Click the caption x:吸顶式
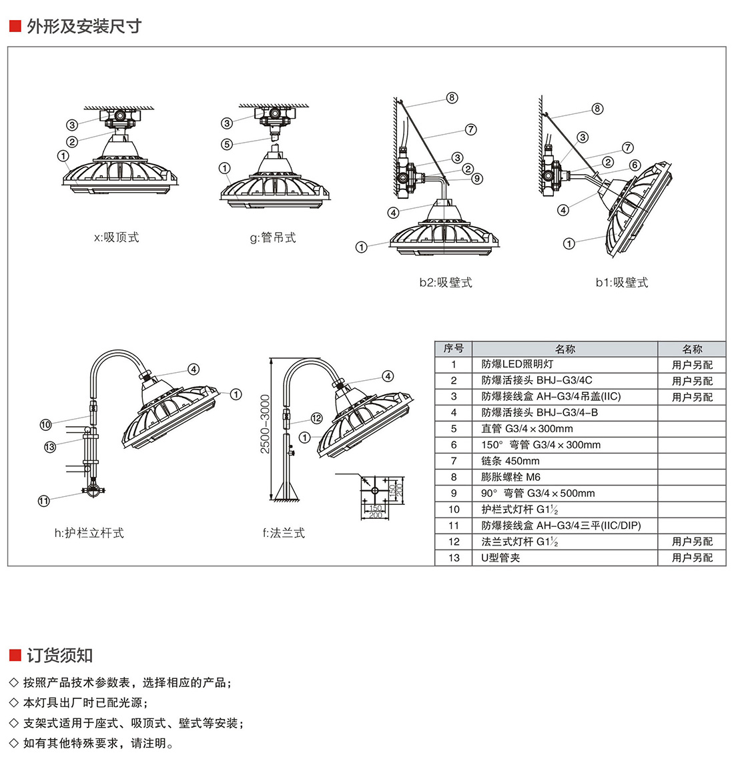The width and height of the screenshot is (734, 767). coord(117,237)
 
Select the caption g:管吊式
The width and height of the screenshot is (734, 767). coord(273,237)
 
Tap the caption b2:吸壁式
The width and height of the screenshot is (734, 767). coord(445,282)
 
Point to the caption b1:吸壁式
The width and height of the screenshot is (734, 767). coord(621,282)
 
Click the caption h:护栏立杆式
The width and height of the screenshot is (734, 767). coord(89,533)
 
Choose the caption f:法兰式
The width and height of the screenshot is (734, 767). coord(284,533)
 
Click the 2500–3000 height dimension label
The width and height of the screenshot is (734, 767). coord(265,424)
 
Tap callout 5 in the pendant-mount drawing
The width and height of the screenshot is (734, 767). coord(227,144)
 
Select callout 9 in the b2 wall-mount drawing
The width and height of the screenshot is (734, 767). coord(476,179)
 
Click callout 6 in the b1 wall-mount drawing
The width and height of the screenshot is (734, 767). coord(635,165)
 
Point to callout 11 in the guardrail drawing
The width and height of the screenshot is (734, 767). coord(43,500)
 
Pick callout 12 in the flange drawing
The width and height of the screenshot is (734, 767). coord(316,418)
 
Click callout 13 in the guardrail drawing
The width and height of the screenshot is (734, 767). coord(49,447)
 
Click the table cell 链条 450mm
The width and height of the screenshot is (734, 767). coord(510,461)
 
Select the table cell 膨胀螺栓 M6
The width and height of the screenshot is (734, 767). coord(510,477)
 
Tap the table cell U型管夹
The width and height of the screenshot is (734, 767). coord(500,558)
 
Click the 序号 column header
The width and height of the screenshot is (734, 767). coord(454,349)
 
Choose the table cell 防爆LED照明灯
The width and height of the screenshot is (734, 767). coord(517,364)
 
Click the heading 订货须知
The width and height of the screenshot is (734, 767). coord(59,656)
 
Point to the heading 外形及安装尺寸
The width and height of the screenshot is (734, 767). coord(84,27)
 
